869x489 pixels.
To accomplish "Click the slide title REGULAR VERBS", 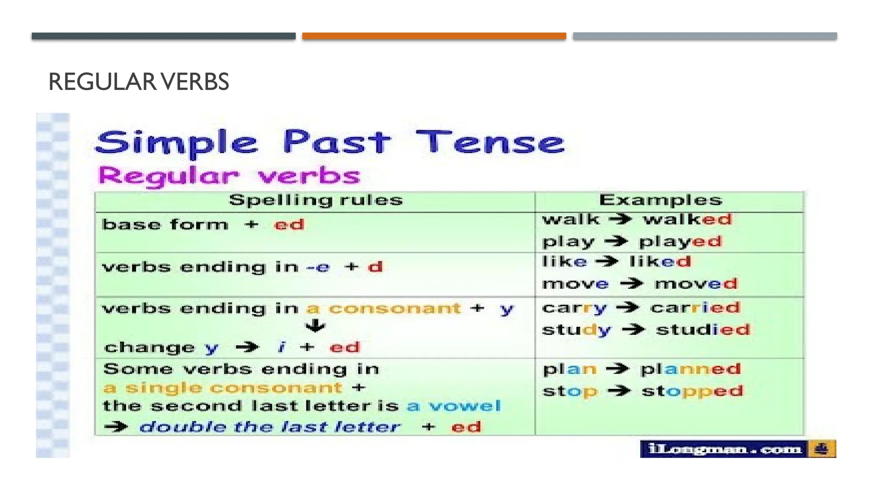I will (x=139, y=81).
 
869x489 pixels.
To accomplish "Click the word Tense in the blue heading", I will (x=490, y=142).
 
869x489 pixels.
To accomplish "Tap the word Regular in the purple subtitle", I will (x=168, y=176).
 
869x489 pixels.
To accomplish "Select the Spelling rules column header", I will (x=316, y=200).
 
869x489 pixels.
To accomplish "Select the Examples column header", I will (x=660, y=200).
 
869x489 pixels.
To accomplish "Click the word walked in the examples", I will (x=687, y=219).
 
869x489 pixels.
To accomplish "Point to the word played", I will (x=680, y=242).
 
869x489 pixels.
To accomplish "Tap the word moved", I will (x=696, y=284).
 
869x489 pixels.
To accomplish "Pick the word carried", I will (x=695, y=307).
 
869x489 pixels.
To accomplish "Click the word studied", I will (x=703, y=329).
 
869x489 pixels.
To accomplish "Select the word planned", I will (x=690, y=369).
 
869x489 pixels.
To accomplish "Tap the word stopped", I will (x=692, y=391).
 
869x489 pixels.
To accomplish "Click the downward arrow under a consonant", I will (x=315, y=326).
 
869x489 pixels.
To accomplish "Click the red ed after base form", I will (x=289, y=224).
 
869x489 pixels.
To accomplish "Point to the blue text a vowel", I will (x=454, y=406).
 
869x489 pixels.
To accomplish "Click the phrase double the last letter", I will (x=269, y=427).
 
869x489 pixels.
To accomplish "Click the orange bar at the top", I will (x=434, y=36).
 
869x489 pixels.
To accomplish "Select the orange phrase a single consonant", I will (x=223, y=388).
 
